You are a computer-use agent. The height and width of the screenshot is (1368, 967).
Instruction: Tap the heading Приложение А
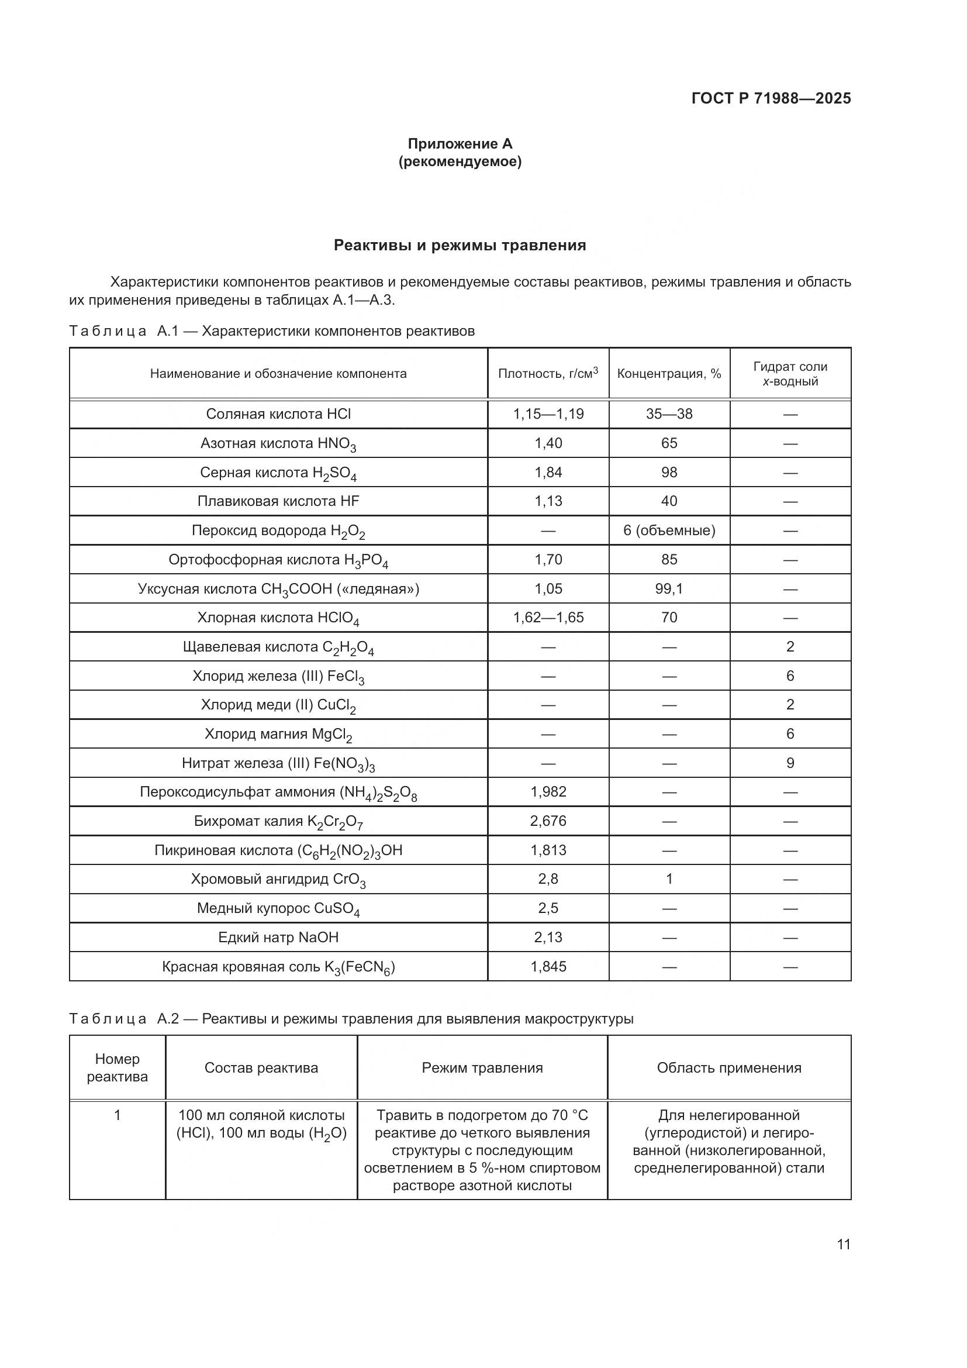[x=459, y=144]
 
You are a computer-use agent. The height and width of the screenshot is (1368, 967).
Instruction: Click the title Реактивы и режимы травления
[x=459, y=245]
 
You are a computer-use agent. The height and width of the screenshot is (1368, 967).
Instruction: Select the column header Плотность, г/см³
[x=548, y=374]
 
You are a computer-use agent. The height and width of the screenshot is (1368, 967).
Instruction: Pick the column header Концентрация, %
[x=669, y=374]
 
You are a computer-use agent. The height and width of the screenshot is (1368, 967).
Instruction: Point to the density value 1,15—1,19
[x=548, y=414]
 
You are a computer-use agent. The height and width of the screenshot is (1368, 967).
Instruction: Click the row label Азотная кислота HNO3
[x=278, y=443]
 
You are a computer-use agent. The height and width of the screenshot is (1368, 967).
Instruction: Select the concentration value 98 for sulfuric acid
[x=669, y=473]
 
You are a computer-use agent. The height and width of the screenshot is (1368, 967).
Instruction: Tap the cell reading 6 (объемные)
[x=669, y=530]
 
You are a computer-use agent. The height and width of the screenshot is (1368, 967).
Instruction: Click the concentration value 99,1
[x=669, y=589]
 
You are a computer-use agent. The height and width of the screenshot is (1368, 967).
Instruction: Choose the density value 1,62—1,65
[x=548, y=617]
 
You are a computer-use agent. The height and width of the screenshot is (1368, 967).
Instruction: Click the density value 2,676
[x=548, y=821]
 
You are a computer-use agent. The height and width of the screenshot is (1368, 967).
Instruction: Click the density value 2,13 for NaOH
[x=548, y=937]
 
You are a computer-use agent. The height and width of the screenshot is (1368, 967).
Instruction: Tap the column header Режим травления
[x=482, y=1068]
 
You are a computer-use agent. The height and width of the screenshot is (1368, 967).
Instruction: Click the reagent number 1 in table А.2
[x=118, y=1115]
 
